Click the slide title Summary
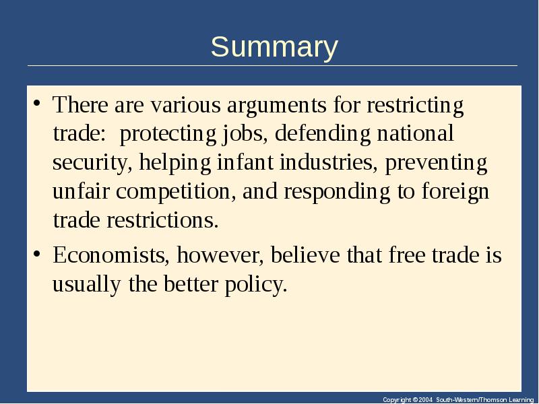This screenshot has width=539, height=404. point(274,47)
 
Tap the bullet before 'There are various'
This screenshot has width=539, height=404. point(37,103)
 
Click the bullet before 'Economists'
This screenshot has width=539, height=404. point(37,255)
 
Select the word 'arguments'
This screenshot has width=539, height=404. point(277,105)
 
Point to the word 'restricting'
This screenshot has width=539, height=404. point(415,105)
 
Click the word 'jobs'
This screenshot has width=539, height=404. point(243,133)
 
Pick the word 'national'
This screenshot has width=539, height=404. point(415,133)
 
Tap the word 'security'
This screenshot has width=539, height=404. point(90,163)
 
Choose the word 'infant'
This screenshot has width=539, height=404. point(245,162)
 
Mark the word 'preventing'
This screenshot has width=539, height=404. point(436,163)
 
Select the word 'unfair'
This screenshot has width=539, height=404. point(81,191)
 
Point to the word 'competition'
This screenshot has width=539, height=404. point(173,192)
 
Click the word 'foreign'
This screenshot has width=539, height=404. point(455,192)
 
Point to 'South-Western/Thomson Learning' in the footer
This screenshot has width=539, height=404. point(484,399)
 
